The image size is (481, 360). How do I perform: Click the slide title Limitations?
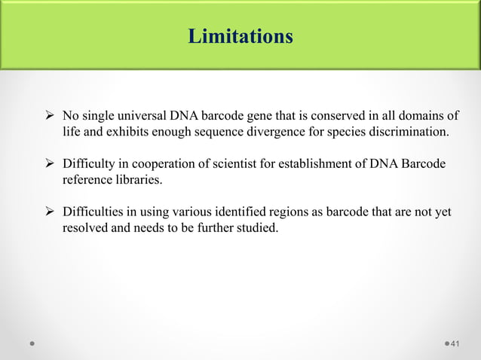(x=240, y=36)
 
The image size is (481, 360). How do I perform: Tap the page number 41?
(x=454, y=344)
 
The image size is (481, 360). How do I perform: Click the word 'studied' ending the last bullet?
(x=257, y=229)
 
